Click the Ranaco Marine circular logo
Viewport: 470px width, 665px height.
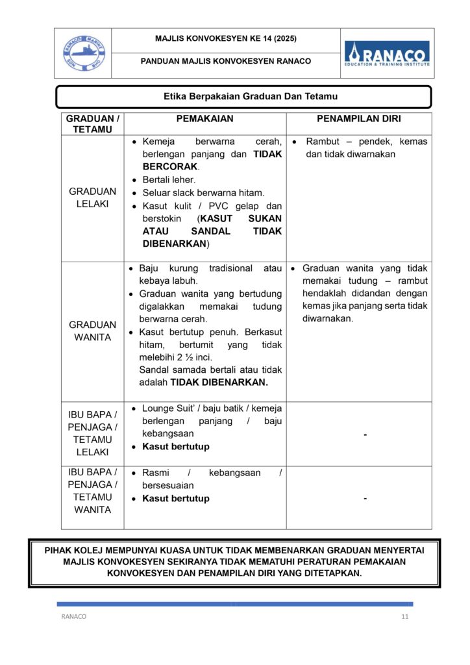click(82, 53)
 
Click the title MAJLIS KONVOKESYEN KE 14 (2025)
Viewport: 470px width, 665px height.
click(226, 39)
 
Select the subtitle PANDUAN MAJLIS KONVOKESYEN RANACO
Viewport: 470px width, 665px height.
click(226, 62)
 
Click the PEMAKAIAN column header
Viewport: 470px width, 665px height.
click(204, 119)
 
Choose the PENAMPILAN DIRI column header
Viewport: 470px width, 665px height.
click(358, 119)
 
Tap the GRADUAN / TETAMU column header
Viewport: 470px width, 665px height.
click(92, 124)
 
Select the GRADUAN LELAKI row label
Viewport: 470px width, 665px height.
click(92, 197)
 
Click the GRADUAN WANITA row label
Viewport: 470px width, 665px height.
click(92, 331)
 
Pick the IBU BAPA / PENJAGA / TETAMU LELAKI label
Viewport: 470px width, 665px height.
click(92, 433)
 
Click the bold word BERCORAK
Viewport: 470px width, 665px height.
click(169, 167)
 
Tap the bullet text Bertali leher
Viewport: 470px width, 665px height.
click(169, 180)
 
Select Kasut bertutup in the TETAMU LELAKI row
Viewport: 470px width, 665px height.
click(176, 447)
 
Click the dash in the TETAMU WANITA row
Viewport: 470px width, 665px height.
click(365, 499)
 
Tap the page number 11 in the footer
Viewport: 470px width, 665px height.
click(405, 617)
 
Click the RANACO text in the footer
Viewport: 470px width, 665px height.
click(73, 617)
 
